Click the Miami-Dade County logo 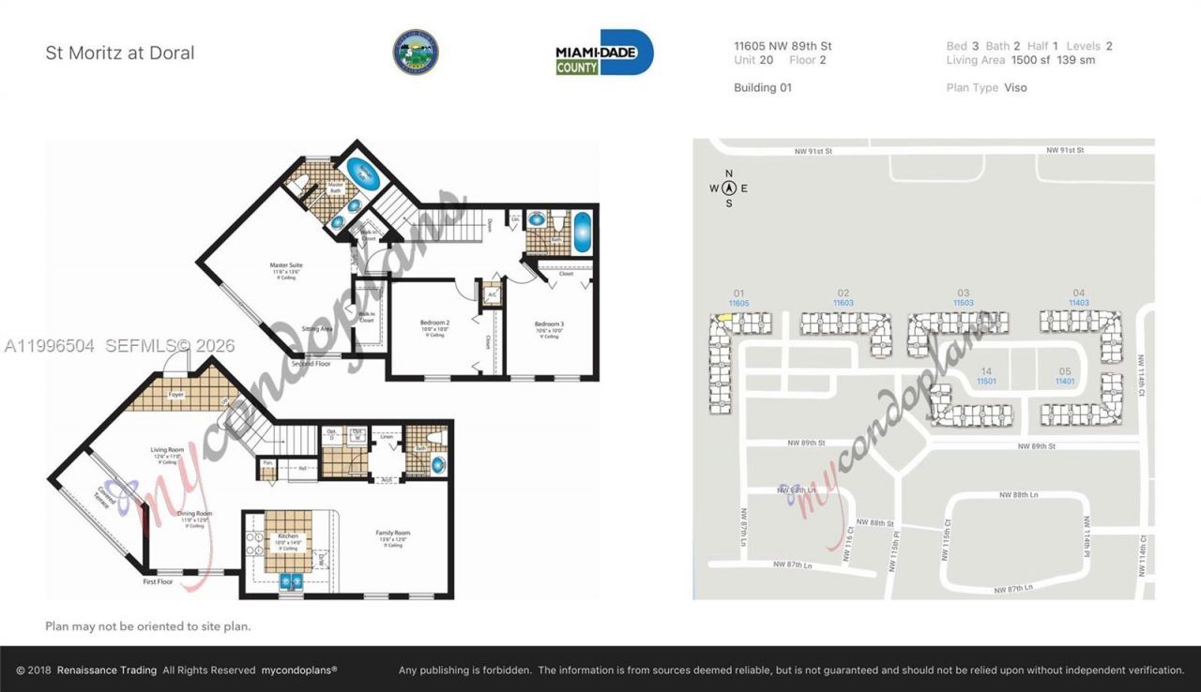pyautogui.click(x=604, y=53)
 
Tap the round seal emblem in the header pyautogui.click(x=416, y=52)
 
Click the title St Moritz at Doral pyautogui.click(x=120, y=53)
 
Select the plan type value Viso pyautogui.click(x=1015, y=88)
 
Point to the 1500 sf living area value pyautogui.click(x=1031, y=60)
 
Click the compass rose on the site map pyautogui.click(x=728, y=188)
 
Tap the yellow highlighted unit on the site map pyautogui.click(x=723, y=319)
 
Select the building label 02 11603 pyautogui.click(x=844, y=298)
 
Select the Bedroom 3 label pyautogui.click(x=548, y=326)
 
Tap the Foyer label pyautogui.click(x=176, y=396)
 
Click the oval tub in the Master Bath pyautogui.click(x=361, y=173)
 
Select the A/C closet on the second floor pyautogui.click(x=491, y=293)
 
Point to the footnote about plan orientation pyautogui.click(x=148, y=625)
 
